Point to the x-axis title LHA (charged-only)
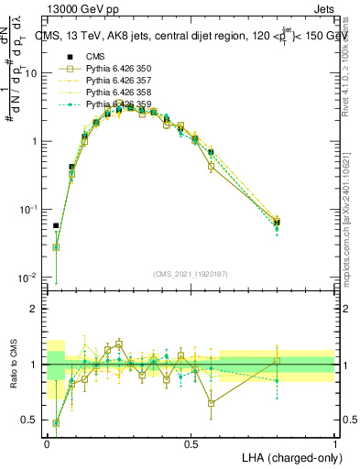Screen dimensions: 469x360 click(x=288, y=457)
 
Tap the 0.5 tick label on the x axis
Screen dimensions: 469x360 click(x=191, y=442)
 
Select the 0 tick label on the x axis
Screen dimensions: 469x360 click(x=48, y=442)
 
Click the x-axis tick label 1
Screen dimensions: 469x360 click(x=336, y=442)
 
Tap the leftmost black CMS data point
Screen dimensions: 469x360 click(x=56, y=225)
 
